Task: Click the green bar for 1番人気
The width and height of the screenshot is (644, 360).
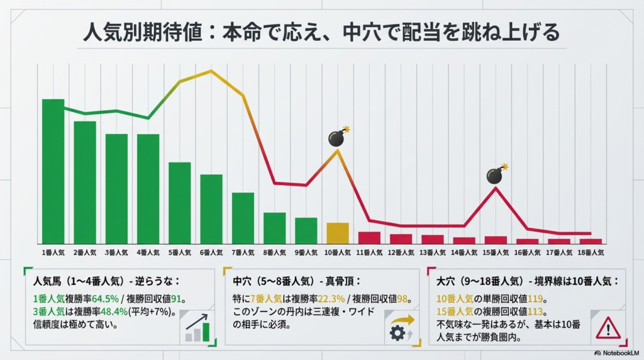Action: [53, 171]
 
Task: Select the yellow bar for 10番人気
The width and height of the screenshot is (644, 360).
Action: [338, 233]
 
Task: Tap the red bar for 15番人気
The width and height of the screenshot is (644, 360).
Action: [496, 240]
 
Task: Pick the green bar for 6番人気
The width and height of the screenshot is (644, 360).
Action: [211, 209]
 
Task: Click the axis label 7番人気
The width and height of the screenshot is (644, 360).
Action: [243, 252]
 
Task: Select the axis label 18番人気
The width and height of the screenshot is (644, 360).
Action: [591, 252]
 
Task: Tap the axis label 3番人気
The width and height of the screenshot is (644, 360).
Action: [116, 252]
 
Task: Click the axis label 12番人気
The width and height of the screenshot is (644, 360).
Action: [401, 252]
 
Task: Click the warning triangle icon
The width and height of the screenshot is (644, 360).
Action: [608, 327]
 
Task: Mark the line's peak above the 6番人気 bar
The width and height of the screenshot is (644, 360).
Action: [211, 70]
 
